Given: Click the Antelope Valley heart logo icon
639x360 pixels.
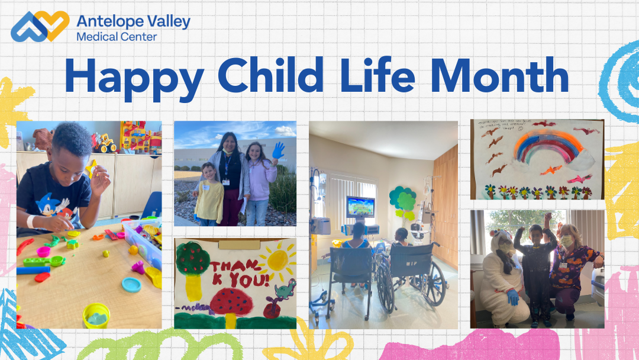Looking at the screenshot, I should [40, 27].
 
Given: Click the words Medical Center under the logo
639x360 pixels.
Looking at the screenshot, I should [117, 37].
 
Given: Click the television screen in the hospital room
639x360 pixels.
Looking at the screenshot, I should [360, 208].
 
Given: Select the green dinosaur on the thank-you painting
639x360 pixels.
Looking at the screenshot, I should [285, 290].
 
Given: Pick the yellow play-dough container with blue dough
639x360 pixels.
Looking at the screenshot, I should [96, 316].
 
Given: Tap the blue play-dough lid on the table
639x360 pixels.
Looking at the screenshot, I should [131, 285].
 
